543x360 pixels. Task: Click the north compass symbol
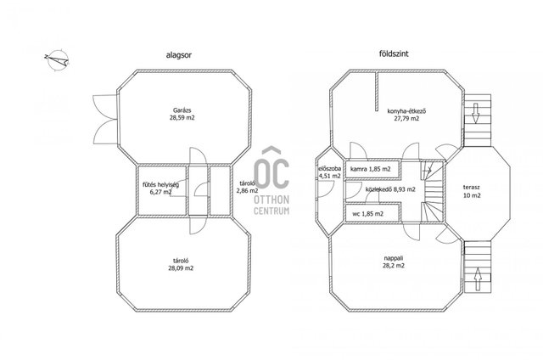coord(57,59)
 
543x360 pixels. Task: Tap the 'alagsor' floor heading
coord(179,54)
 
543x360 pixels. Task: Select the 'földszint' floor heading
coord(394,53)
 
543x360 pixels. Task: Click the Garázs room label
coord(182,110)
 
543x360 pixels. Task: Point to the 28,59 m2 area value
coord(182,118)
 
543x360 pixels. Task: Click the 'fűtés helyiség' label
coord(160,185)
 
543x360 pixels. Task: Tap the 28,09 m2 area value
coord(181,268)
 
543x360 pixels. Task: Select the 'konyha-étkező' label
coord(406,111)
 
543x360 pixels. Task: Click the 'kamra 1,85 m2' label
coord(371,169)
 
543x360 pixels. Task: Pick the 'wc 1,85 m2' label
coord(367,214)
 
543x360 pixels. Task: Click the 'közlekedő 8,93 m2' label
coord(390,189)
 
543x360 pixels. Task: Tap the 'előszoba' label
coord(330,169)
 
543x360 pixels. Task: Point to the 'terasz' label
coord(472,188)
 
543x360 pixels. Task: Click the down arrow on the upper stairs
coord(475,113)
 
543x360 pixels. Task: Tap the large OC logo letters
coord(271,168)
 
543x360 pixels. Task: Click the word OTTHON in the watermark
coord(271,200)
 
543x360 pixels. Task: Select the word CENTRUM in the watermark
coord(271,211)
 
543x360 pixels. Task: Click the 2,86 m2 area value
coord(247,190)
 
